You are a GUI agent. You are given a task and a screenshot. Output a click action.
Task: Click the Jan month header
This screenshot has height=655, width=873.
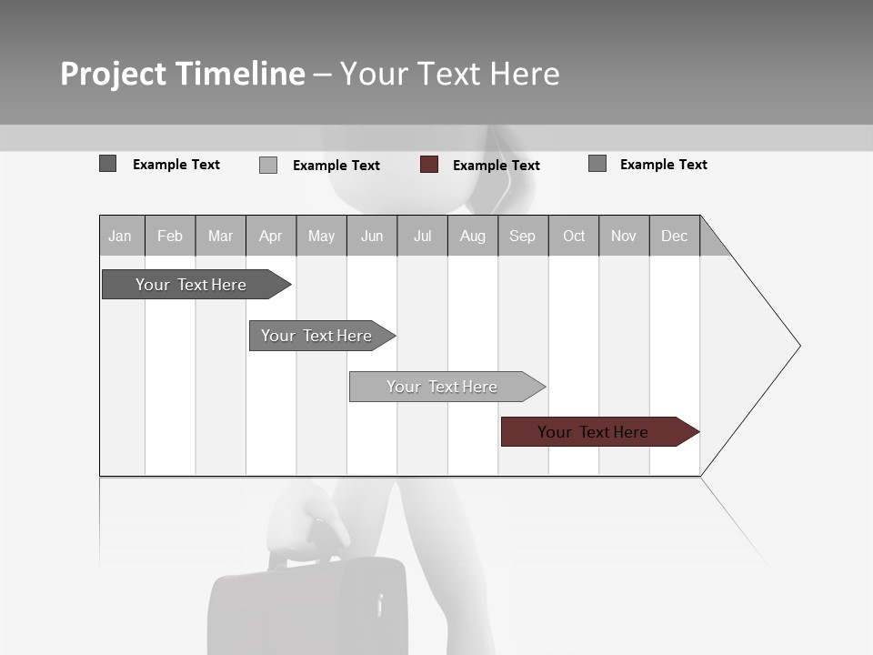[x=120, y=236]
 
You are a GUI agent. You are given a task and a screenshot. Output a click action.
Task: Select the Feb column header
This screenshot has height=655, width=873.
[x=170, y=236]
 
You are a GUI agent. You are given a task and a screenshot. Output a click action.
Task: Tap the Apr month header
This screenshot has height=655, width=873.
[x=270, y=236]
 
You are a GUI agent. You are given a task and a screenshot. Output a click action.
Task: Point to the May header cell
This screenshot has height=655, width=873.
[x=321, y=236]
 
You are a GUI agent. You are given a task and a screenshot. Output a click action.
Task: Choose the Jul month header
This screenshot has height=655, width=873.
[x=422, y=236]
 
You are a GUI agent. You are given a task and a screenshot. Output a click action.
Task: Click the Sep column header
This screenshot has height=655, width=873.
[x=522, y=236]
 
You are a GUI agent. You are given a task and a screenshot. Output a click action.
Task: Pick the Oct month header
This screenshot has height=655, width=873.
[x=574, y=236]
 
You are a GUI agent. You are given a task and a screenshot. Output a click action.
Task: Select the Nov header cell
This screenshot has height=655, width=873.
[x=624, y=236]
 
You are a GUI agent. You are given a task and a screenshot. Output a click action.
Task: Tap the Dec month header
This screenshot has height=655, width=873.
[x=674, y=236]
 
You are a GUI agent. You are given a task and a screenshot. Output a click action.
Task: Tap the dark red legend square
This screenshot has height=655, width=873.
[x=429, y=165]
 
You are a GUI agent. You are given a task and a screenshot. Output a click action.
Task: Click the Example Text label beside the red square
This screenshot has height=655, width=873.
[x=497, y=166]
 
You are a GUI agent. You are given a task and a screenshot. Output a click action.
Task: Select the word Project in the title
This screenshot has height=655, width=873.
[x=114, y=74]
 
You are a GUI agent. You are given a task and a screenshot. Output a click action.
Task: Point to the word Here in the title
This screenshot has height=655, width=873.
[x=525, y=74]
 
